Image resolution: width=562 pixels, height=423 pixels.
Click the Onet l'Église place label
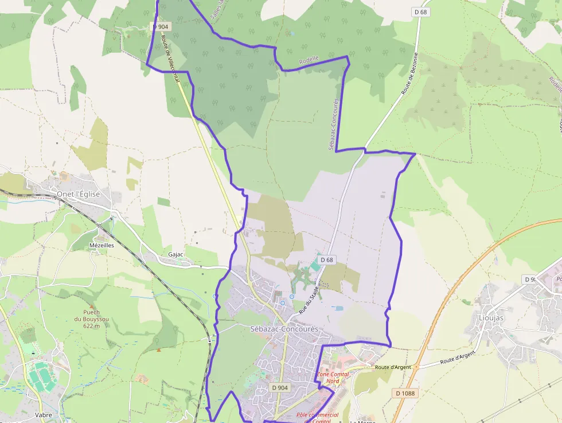(78, 194)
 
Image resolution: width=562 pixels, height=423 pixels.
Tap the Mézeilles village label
(102, 245)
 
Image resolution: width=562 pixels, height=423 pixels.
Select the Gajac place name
(175, 254)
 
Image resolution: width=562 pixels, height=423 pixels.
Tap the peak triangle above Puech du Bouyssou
(87, 304)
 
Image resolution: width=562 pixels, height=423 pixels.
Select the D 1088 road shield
(405, 393)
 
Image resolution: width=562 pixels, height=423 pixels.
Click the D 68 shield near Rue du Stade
(327, 260)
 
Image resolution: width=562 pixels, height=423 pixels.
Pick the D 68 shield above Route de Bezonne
(420, 11)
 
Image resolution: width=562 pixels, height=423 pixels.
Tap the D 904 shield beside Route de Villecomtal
(162, 26)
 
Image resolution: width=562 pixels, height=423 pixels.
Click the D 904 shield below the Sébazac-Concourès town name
(280, 387)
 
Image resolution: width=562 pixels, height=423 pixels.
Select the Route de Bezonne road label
(411, 74)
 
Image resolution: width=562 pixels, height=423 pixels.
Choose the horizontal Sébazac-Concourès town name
(284, 329)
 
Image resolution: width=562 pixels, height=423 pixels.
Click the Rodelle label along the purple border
(309, 60)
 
